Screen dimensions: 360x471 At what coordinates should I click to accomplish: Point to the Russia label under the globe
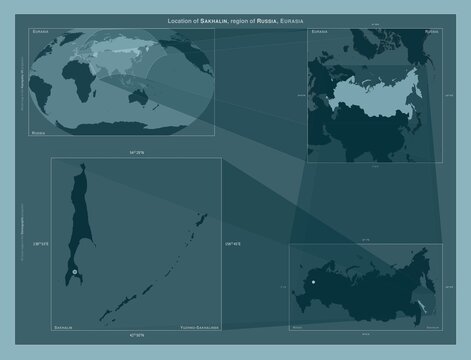tap(40, 132)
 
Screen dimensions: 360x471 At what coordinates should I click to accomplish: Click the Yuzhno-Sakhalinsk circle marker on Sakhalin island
tap(75, 271)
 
